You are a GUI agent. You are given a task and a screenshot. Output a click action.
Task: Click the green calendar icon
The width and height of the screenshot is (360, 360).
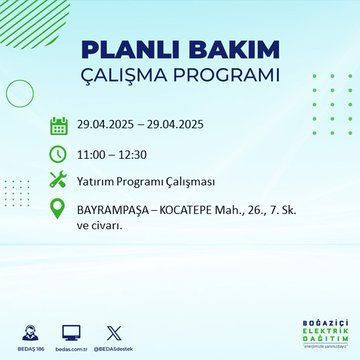tap(59, 126)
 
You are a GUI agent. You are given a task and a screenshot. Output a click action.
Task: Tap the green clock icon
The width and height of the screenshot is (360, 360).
tap(59, 154)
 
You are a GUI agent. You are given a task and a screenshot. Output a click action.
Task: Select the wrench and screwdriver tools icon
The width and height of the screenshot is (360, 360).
tap(59, 182)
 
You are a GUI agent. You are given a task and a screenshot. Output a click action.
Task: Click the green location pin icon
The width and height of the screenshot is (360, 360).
tap(59, 213)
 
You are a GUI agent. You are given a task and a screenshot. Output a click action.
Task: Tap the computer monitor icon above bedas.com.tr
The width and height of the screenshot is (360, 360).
tap(71, 331)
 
